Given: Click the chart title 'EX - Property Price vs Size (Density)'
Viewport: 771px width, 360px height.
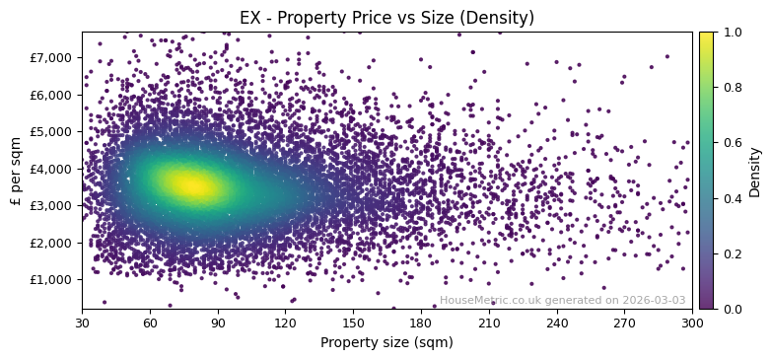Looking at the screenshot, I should click(386, 18).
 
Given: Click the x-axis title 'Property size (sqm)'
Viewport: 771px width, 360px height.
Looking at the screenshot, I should click(386, 343).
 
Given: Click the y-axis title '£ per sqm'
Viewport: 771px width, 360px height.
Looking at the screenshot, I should click(16, 171).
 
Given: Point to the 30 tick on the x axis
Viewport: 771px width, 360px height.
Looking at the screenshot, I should click(82, 323).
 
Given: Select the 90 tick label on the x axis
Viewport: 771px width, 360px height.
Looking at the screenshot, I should click(218, 323).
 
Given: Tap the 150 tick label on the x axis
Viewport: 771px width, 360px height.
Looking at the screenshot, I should click(353, 323).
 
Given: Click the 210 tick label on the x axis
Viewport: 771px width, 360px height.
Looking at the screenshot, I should click(489, 323).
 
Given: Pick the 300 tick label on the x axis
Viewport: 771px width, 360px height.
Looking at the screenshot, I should click(692, 323).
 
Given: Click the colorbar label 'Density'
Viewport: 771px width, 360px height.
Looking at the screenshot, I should click(755, 171).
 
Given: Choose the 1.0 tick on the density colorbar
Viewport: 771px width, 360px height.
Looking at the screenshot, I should click(732, 32).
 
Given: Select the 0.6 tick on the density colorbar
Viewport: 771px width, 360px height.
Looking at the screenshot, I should click(732, 143).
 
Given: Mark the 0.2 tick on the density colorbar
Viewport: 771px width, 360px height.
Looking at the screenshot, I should click(732, 253).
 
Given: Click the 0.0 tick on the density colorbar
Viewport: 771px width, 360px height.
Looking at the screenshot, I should click(732, 309).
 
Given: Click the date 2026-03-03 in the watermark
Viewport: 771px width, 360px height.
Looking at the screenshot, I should click(655, 301).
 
